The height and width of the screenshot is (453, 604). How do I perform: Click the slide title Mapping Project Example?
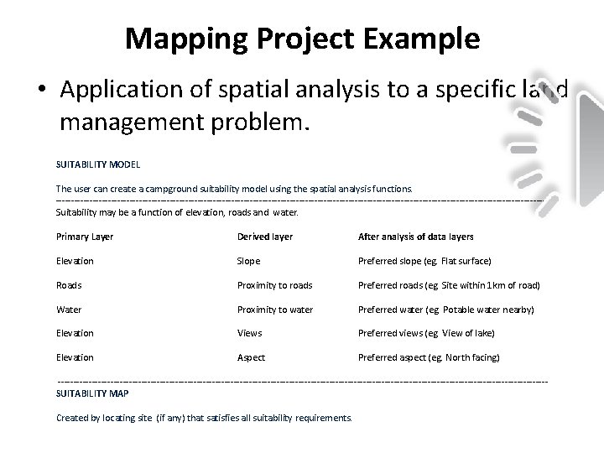[x=302, y=39]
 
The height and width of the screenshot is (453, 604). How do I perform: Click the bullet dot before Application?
[x=43, y=90]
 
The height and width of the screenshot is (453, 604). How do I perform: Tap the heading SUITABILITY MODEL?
[x=97, y=164]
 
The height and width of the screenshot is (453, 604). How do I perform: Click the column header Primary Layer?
[x=85, y=237]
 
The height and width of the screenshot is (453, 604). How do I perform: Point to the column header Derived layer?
[x=265, y=237]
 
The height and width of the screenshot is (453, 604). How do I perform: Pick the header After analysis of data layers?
[x=416, y=237]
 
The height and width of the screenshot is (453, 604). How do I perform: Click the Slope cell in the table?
[x=249, y=261]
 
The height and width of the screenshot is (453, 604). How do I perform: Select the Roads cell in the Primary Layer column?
[x=69, y=285]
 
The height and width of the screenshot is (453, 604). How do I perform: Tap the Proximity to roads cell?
[x=275, y=285]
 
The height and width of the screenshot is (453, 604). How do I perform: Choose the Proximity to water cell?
[x=275, y=310]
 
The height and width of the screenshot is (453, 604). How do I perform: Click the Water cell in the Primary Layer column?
[x=69, y=310]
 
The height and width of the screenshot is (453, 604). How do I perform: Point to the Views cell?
[x=250, y=333]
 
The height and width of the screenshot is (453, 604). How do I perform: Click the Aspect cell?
[x=252, y=357]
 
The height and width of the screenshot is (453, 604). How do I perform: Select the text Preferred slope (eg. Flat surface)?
[x=424, y=261]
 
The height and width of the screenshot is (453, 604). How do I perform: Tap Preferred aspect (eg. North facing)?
[x=429, y=357]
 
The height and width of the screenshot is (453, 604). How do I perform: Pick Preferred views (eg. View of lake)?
[x=426, y=333]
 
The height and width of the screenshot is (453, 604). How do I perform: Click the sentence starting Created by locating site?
[x=205, y=417]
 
